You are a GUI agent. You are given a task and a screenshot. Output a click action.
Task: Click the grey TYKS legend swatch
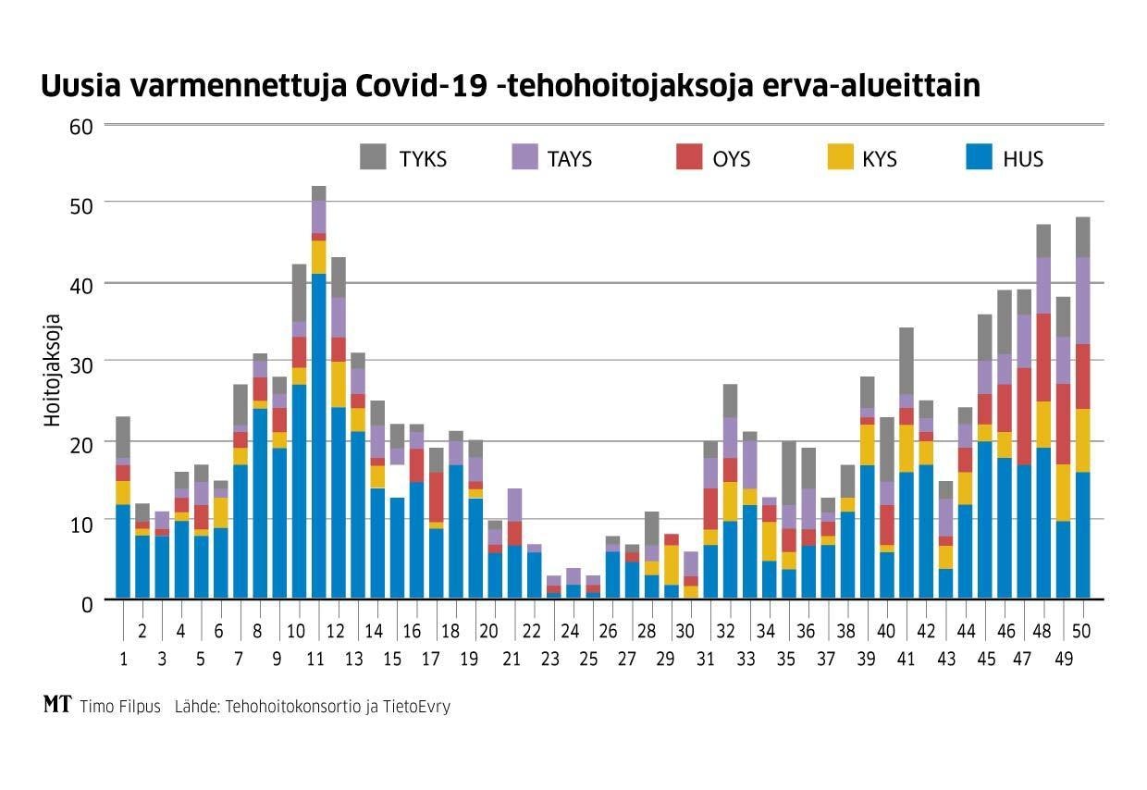point(373,157)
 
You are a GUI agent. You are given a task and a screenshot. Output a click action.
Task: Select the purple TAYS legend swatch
point(524,157)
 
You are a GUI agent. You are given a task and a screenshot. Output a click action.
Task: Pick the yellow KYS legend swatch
point(838,157)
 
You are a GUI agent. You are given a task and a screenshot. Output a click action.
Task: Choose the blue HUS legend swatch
point(979,157)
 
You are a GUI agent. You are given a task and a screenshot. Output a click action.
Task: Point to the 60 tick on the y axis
point(81,127)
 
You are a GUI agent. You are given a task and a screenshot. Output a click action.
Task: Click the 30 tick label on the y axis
point(81,364)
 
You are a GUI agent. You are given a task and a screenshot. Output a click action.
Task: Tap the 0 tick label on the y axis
point(87,603)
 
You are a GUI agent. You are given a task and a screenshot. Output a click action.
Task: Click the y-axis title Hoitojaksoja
point(54,370)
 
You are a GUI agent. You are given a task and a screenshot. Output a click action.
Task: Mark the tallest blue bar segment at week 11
point(318,435)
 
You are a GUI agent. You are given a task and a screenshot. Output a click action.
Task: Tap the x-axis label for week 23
point(551,660)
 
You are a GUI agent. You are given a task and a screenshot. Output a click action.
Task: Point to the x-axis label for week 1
point(123,660)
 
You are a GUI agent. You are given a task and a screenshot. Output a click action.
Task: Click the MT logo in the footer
point(57,705)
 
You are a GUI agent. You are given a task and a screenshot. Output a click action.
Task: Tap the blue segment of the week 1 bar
point(123,551)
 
